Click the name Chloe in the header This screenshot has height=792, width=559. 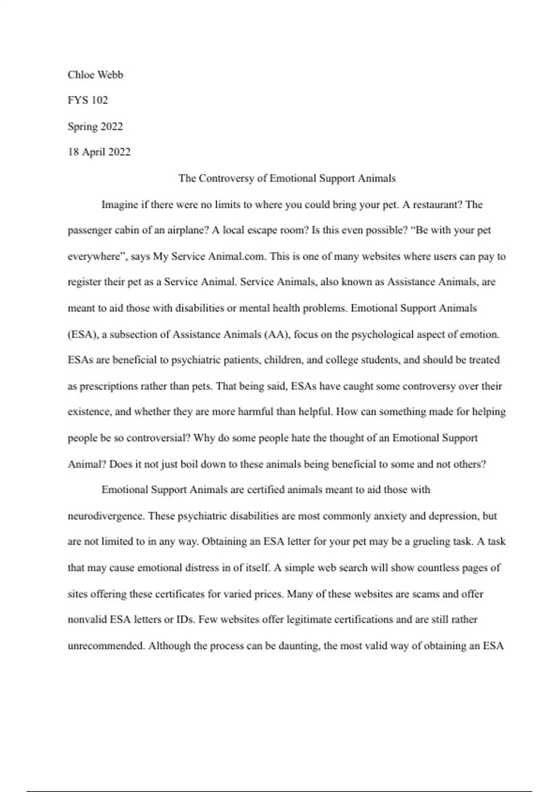(x=81, y=75)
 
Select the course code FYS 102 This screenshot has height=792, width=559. (x=88, y=100)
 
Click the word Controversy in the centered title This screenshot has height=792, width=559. (x=227, y=178)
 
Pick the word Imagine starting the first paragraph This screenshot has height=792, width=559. (x=119, y=205)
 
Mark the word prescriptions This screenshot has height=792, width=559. (x=109, y=386)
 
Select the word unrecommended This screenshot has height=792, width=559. (x=106, y=646)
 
